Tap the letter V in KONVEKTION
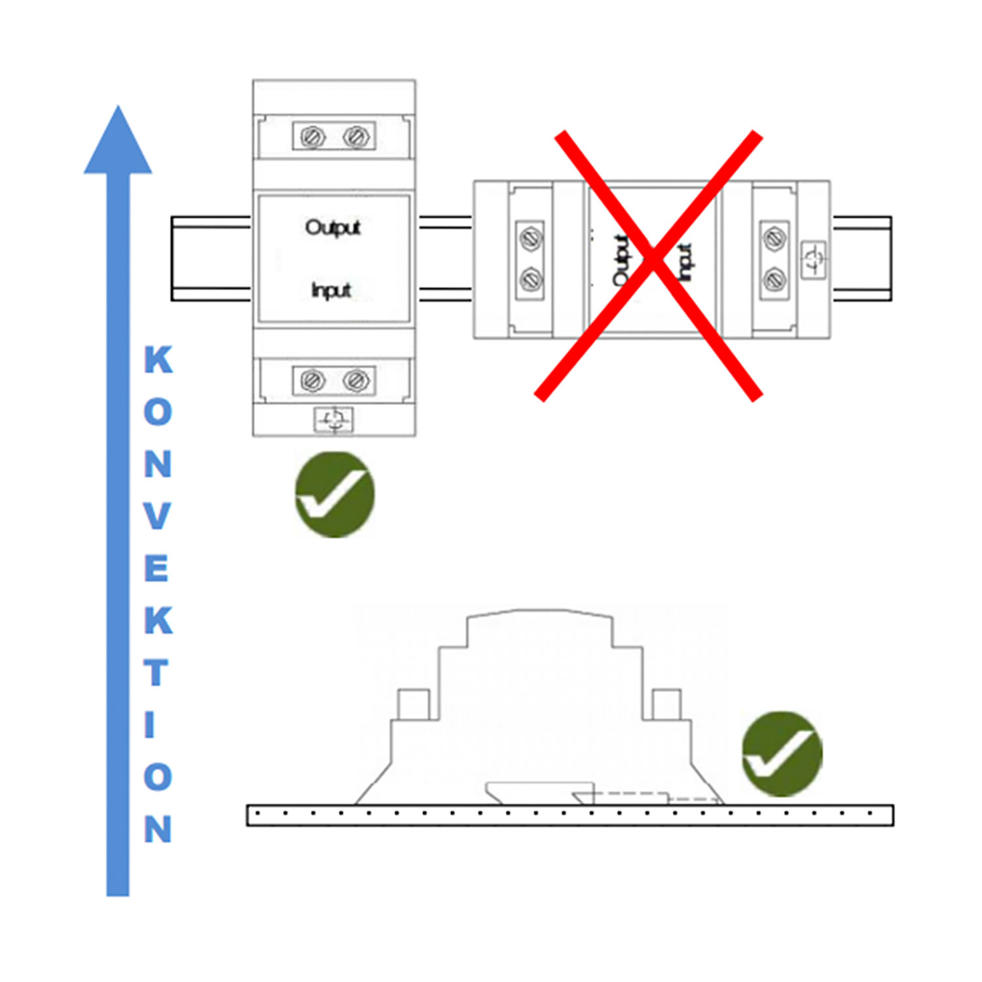tap(157, 516)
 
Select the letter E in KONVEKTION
tap(156, 568)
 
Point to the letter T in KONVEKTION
tap(156, 672)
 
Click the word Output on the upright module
tap(333, 228)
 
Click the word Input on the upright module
tap(331, 290)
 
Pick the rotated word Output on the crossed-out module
tap(621, 261)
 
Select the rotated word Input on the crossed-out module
tap(684, 263)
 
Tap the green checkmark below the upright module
tap(335, 495)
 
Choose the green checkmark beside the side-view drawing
tap(782, 754)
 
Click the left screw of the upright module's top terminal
tap(312, 137)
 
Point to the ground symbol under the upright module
tap(334, 420)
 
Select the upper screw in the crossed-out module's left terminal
tap(530, 238)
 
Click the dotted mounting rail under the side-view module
tap(570, 815)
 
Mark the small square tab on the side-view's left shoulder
tap(414, 704)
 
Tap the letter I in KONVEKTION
tap(150, 725)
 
